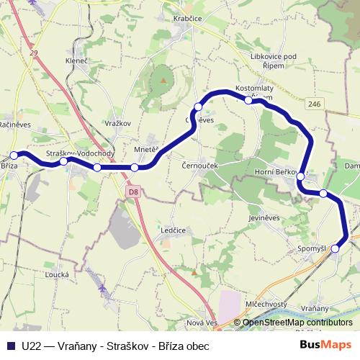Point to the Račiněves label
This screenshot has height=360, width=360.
point(14,123)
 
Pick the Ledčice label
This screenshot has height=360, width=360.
point(173,230)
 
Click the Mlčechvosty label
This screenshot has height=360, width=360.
point(266,304)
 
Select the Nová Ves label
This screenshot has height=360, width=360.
point(202,323)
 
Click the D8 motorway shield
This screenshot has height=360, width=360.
point(133,192)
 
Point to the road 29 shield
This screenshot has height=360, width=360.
point(33,53)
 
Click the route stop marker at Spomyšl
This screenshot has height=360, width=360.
point(335,248)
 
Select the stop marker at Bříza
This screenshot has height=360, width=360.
point(14,155)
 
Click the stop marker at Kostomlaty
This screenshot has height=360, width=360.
point(248,100)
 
